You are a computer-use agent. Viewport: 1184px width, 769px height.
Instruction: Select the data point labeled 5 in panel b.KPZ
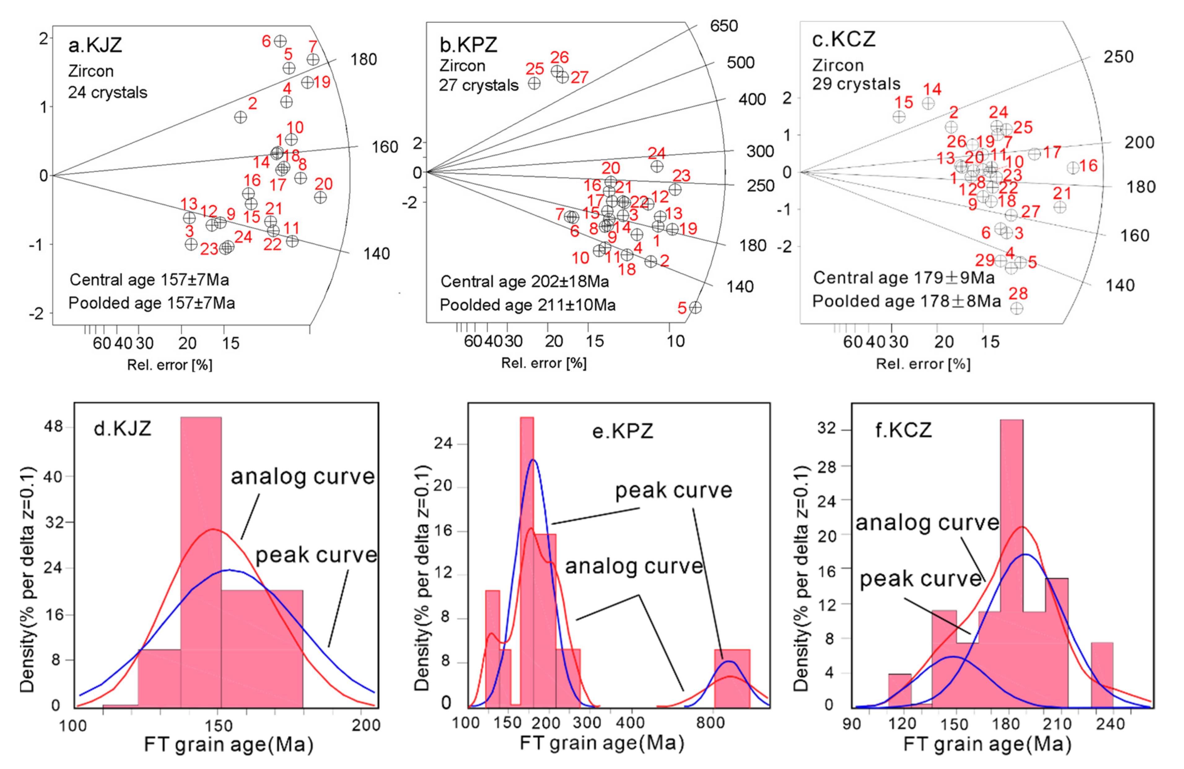coord(696,307)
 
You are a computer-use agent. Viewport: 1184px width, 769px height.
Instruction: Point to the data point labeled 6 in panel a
coord(280,41)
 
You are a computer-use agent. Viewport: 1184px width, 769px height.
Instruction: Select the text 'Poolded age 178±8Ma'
coord(907,301)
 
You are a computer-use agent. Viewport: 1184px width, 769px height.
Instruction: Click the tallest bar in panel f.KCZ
coord(1011,563)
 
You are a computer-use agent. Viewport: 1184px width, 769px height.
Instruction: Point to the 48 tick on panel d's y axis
coord(53,427)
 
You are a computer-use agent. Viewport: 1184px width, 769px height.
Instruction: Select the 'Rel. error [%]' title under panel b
coord(544,363)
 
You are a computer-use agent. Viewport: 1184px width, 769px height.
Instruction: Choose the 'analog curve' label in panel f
coord(927,523)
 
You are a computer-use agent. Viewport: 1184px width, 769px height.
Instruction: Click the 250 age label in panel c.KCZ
coord(1118,57)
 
